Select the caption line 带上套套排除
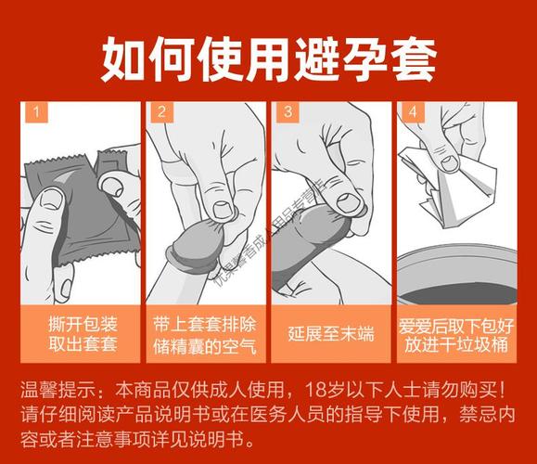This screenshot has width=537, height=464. (205, 327)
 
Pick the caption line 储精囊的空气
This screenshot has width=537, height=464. (205, 349)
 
